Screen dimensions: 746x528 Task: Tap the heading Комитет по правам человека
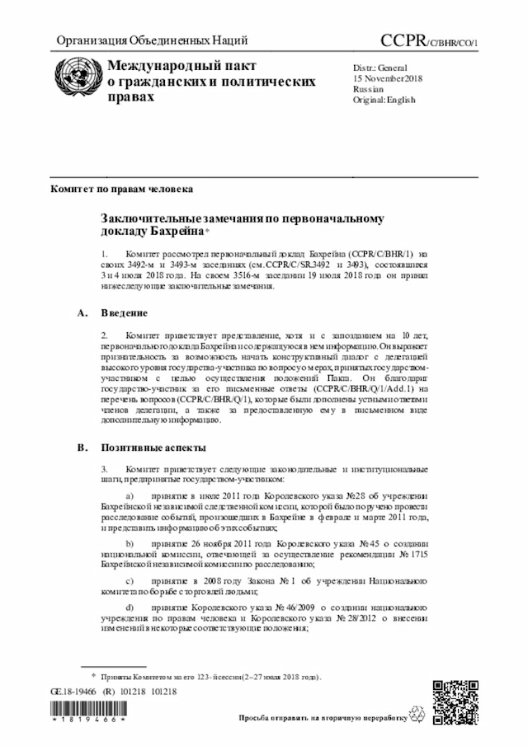[x=122, y=190]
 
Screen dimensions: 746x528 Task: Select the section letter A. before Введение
[x=81, y=313]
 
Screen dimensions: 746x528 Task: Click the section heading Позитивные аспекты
[x=148, y=448]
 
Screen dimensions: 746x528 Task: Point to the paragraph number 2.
[x=104, y=336]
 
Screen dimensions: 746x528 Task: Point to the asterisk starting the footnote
[x=93, y=675]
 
